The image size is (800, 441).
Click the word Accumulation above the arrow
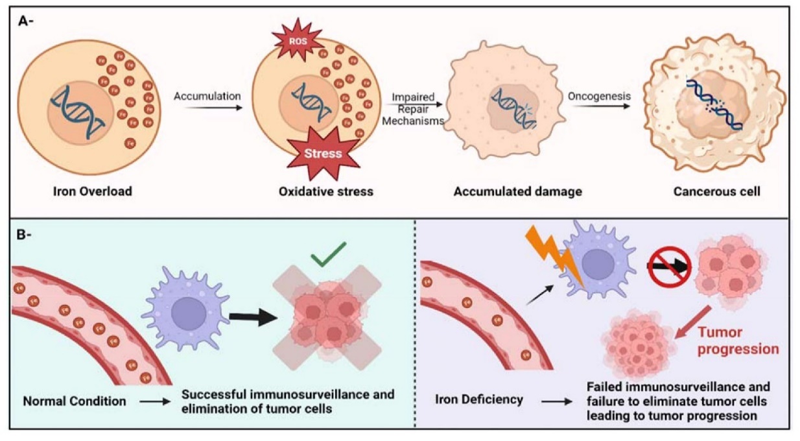[207, 96]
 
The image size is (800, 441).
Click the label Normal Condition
[75, 401]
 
